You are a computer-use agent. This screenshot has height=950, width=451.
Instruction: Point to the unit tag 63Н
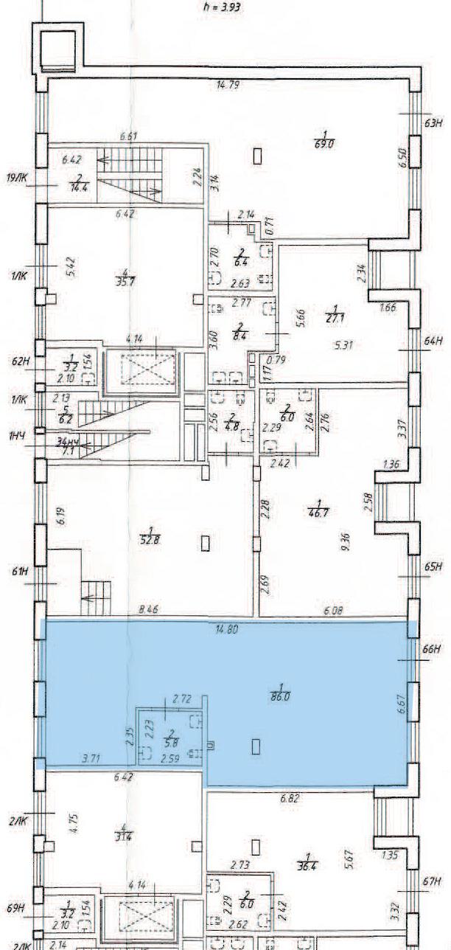pos(433,124)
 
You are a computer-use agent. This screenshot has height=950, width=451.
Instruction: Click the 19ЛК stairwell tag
pos(18,178)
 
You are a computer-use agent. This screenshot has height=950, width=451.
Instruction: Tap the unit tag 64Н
pos(433,341)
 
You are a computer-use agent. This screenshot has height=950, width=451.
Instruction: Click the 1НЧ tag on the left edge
pos(15,437)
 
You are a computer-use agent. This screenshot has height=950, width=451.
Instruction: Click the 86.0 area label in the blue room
pos(279,695)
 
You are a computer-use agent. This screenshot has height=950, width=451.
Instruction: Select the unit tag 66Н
pos(433,651)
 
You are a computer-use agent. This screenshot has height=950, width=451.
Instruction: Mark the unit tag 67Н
pos(433,882)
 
